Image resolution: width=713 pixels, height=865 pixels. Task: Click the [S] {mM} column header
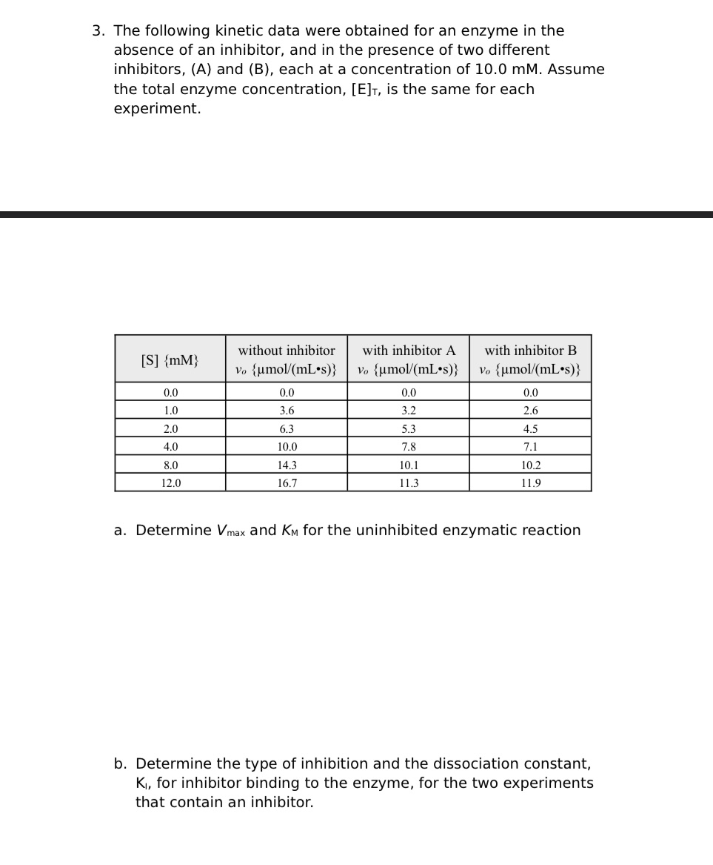click(170, 360)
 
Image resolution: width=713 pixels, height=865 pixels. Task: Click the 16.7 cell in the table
click(287, 483)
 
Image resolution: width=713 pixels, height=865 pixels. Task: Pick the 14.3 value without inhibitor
click(287, 465)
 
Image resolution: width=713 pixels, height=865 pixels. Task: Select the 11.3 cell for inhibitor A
click(409, 483)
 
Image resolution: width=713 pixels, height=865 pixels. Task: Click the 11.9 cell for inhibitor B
click(530, 483)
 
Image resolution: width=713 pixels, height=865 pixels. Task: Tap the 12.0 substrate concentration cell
click(170, 483)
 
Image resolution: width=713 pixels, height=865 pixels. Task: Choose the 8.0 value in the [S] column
click(170, 465)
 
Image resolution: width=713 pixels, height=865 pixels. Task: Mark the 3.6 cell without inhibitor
click(287, 411)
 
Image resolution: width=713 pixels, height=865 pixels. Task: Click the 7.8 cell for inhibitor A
click(409, 447)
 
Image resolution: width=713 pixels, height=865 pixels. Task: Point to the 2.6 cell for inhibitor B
click(530, 411)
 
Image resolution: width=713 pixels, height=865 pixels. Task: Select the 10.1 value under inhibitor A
click(409, 465)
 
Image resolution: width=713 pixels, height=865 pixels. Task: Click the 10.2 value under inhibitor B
click(530, 465)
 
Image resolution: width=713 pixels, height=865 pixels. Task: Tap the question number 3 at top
click(98, 31)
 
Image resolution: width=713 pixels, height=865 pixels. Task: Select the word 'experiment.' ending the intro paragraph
click(157, 108)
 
